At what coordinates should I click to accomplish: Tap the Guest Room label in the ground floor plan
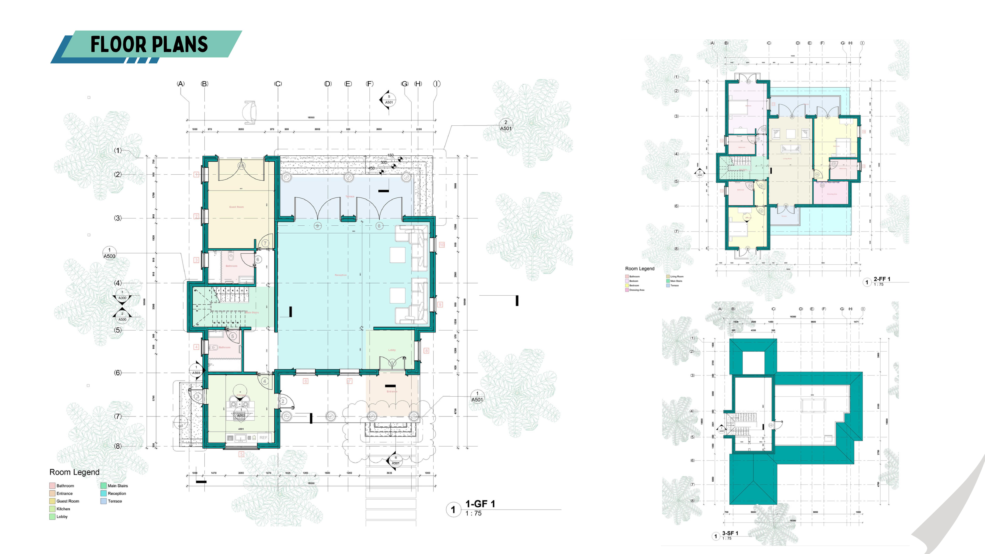point(236,207)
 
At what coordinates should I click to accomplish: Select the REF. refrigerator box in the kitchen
point(263,437)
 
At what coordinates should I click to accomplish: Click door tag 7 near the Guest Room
point(265,243)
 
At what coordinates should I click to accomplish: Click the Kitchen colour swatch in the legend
point(52,509)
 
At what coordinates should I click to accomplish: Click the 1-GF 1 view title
point(480,504)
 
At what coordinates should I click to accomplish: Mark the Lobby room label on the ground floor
point(392,350)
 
